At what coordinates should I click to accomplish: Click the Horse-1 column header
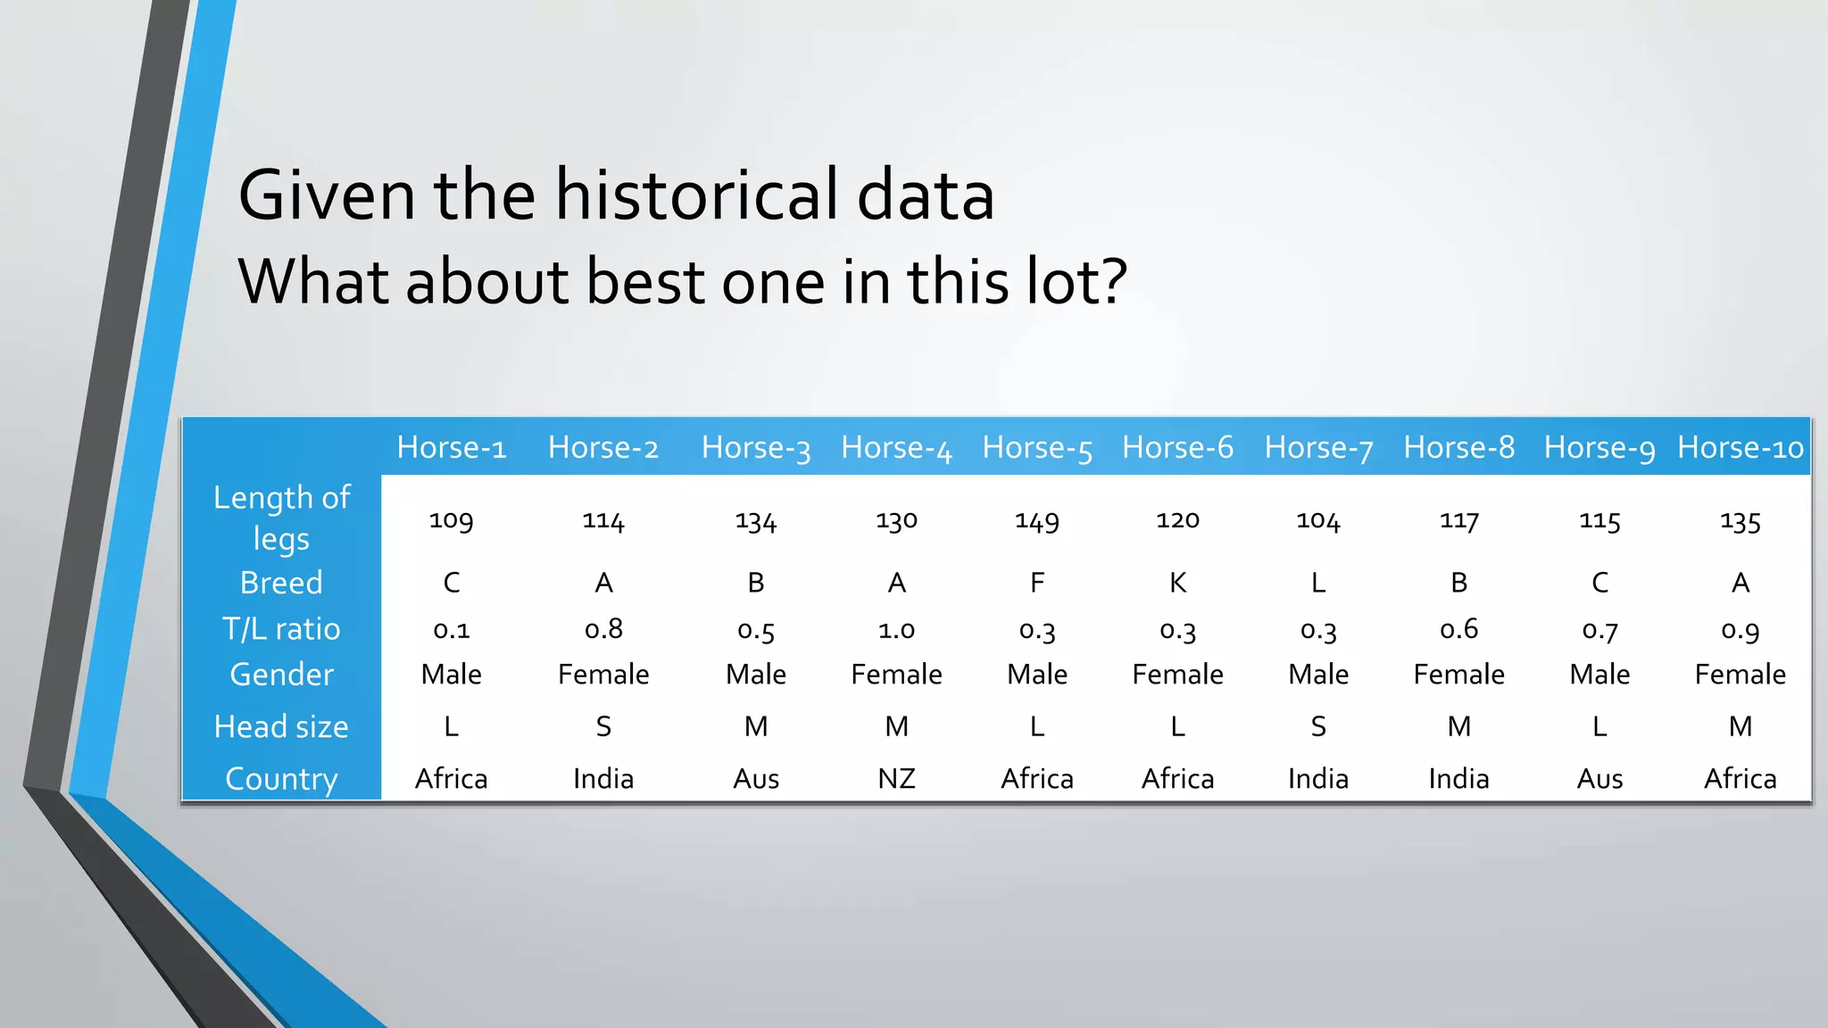click(451, 447)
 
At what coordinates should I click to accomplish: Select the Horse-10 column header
click(1740, 447)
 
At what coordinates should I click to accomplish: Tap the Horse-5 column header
click(1037, 447)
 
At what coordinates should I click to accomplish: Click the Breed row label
click(281, 583)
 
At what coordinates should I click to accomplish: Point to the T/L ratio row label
click(281, 629)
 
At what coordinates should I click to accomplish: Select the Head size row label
click(281, 726)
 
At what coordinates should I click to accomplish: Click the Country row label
click(281, 779)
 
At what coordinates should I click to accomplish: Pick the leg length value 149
click(1037, 520)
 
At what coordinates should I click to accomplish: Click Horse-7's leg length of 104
click(1318, 520)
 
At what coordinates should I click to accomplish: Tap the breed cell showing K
click(1177, 583)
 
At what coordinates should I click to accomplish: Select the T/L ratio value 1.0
click(896, 629)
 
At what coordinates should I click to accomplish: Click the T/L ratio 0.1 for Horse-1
click(451, 629)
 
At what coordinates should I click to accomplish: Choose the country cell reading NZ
click(896, 779)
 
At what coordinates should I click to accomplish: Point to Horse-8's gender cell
click(1458, 675)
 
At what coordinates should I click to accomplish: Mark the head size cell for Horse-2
click(603, 726)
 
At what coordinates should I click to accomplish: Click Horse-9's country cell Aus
click(1599, 779)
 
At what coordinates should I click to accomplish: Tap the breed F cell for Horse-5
click(1037, 583)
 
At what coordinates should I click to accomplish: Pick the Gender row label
click(281, 675)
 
